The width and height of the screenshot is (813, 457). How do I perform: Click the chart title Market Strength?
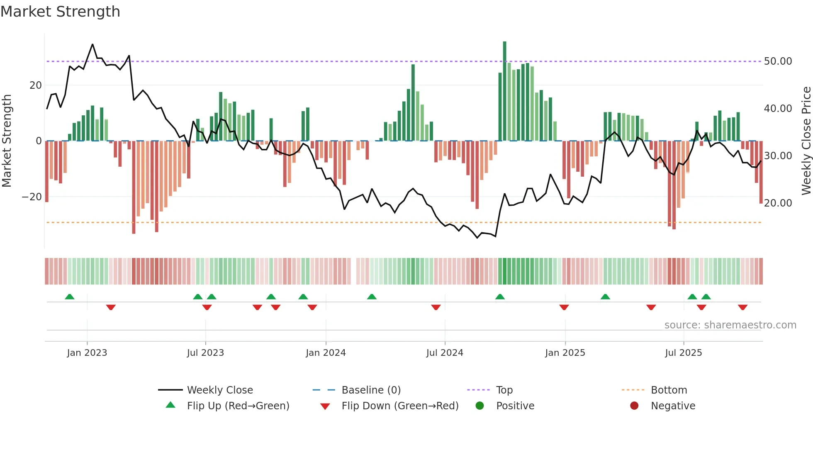60,12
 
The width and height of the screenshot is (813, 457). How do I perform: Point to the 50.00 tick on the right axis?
778,61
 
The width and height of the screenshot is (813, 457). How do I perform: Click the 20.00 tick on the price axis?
778,203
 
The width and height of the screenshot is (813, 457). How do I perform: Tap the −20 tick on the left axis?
32,197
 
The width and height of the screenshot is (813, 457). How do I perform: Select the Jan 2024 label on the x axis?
326,353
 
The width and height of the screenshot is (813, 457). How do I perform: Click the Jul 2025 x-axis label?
683,353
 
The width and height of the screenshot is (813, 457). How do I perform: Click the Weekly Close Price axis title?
806,141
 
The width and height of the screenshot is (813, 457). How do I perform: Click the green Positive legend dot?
480,406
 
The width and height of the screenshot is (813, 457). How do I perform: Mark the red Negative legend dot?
634,406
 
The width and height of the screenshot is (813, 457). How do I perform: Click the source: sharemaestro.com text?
730,325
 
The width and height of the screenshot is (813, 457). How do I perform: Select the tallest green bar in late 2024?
504,91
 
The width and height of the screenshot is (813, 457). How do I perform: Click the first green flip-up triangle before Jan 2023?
70,297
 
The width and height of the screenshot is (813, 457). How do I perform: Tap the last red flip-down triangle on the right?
742,307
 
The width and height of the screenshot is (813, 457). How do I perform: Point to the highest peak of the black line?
92,44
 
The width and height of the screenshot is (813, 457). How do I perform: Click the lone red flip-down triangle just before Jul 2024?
436,307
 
